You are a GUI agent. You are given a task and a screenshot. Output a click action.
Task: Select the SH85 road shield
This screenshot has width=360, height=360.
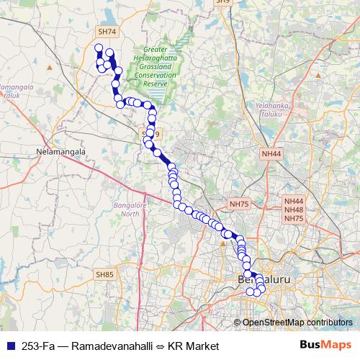104,274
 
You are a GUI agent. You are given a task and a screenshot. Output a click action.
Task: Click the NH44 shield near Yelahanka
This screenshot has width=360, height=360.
271,153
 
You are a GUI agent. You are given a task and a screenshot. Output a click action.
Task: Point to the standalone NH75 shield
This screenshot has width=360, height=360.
237,204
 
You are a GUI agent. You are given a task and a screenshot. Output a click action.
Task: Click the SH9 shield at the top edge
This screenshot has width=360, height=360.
224,2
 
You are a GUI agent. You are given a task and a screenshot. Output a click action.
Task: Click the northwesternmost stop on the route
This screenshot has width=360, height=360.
99,48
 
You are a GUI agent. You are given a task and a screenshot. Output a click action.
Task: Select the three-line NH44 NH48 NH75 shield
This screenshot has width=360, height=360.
294,210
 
